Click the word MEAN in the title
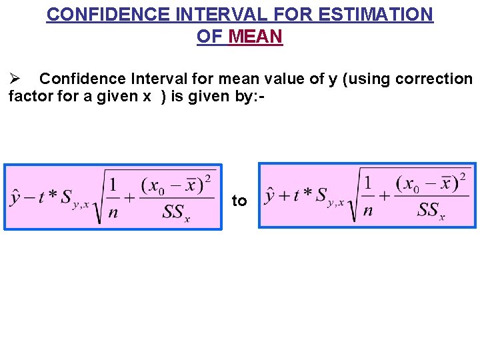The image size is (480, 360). point(255,36)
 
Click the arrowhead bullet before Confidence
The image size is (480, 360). point(17,79)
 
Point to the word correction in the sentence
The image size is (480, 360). point(434,79)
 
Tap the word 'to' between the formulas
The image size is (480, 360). point(239,201)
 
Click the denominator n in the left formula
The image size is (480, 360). point(114,213)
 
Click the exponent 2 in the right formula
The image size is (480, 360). point(463,176)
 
